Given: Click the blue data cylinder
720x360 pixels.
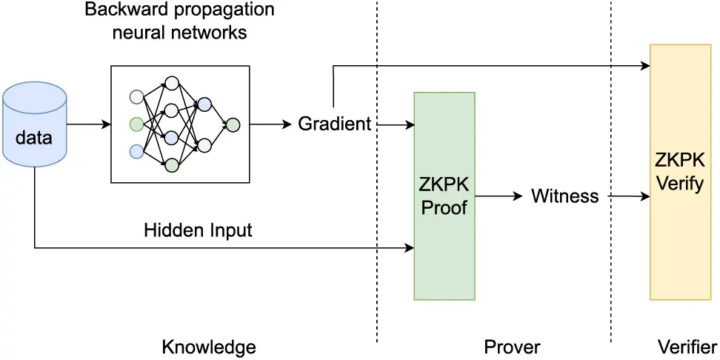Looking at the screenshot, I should pyautogui.click(x=35, y=124).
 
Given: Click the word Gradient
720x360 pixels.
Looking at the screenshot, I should pyautogui.click(x=334, y=124).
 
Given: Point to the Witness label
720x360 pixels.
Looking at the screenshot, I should pyautogui.click(x=564, y=196).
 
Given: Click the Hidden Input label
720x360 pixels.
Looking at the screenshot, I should pyautogui.click(x=198, y=230).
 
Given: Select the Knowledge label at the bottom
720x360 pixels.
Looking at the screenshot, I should pyautogui.click(x=208, y=347).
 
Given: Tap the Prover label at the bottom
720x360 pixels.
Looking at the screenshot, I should pyautogui.click(x=512, y=347).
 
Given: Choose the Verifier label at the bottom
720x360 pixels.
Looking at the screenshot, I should pyautogui.click(x=687, y=347).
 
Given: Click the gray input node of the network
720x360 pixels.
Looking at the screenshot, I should pyautogui.click(x=136, y=96).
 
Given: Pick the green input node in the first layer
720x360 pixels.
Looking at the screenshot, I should pyautogui.click(x=136, y=124).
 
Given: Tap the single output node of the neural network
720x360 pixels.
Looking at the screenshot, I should pyautogui.click(x=233, y=124).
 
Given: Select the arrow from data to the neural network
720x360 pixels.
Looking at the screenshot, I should pyautogui.click(x=89, y=124).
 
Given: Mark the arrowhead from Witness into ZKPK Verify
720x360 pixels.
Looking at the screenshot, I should pyautogui.click(x=645, y=196).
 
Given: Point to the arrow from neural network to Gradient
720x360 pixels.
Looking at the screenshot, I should pyautogui.click(x=270, y=124).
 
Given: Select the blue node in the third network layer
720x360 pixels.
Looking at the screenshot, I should pyautogui.click(x=205, y=104).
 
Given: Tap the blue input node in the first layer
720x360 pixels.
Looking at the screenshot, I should pyautogui.click(x=136, y=151).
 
